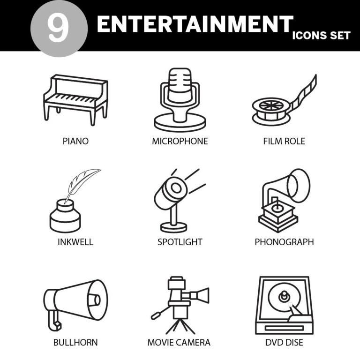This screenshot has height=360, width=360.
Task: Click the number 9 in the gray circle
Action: tap(58, 27)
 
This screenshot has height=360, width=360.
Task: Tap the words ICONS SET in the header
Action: tap(321, 36)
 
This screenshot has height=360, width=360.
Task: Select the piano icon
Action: tap(75, 98)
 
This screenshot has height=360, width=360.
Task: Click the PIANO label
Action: tap(75, 141)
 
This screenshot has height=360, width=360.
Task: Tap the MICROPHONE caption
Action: tap(180, 141)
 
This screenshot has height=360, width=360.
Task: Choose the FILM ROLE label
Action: tap(284, 141)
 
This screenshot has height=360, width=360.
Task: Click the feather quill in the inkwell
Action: tap(82, 182)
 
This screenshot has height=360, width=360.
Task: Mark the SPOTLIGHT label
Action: tap(180, 242)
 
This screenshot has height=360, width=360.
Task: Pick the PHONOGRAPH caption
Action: tap(284, 242)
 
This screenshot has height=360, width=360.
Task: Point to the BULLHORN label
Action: tap(75, 343)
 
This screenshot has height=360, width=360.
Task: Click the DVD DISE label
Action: tap(284, 343)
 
